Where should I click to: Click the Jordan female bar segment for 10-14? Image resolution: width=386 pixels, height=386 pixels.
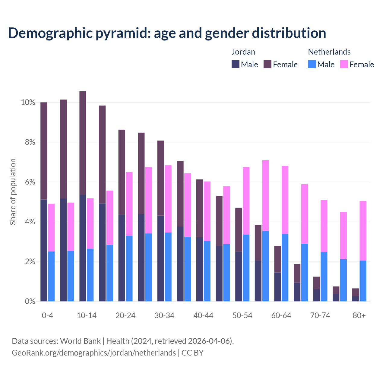[83, 143]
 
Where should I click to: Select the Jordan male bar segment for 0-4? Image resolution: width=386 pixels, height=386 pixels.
[44, 250]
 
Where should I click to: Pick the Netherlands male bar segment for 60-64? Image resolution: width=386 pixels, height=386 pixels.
[285, 267]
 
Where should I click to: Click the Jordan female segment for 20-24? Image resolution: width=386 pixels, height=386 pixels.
[122, 172]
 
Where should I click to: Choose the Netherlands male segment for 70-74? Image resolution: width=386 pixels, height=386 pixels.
[324, 277]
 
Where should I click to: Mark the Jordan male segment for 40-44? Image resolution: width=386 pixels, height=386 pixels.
[199, 269]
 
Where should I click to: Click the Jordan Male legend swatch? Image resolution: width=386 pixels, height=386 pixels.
[236, 64]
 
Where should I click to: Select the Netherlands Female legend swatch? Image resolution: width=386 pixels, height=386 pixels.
[344, 64]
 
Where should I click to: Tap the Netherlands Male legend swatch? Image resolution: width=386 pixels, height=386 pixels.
[312, 64]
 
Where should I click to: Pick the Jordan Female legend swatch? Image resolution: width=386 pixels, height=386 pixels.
[267, 64]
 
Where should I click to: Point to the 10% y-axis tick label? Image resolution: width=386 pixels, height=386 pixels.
[28, 103]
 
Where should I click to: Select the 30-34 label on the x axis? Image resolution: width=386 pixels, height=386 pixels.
[164, 316]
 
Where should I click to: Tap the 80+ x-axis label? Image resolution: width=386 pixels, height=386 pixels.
[359, 316]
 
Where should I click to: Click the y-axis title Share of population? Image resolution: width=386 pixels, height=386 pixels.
[13, 192]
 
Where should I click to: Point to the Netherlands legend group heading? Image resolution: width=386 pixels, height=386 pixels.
[329, 52]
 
